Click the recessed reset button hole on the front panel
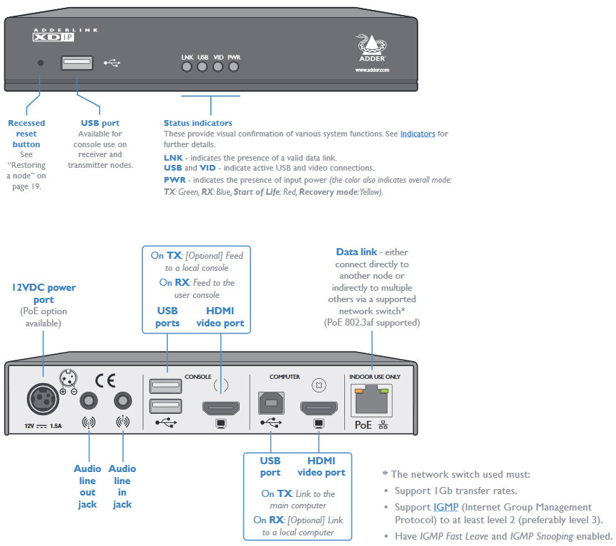click(41, 63)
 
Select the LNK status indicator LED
click(187, 68)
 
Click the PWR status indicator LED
click(233, 68)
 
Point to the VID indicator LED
click(218, 68)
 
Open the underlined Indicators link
click(418, 134)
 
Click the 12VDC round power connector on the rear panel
click(43, 399)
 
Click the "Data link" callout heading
click(352, 252)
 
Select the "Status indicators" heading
click(198, 123)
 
